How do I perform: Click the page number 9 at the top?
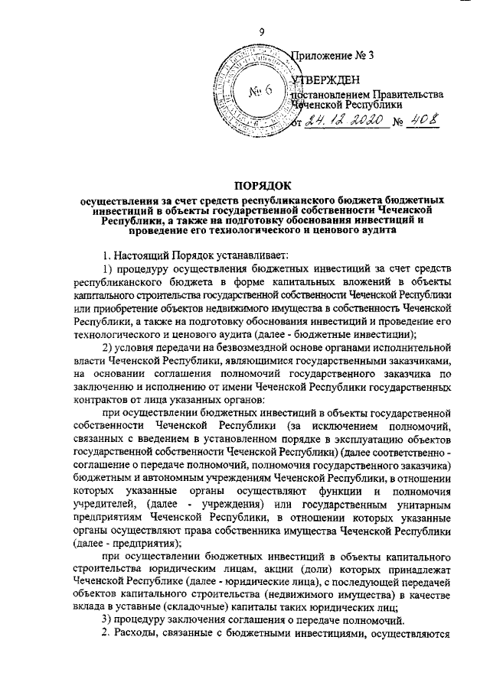pos(262,32)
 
